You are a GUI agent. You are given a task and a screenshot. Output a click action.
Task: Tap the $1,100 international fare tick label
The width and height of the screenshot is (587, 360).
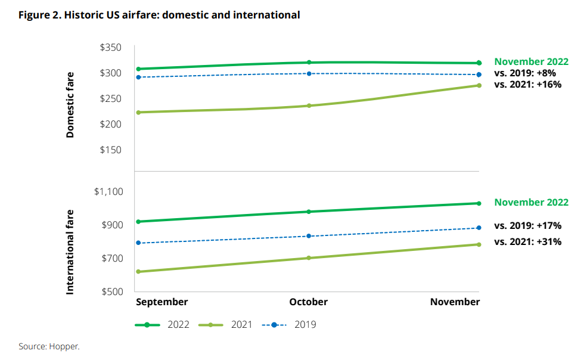pyautogui.click(x=108, y=191)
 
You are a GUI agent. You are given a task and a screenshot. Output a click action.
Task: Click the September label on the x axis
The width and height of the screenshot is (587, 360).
pyautogui.click(x=161, y=302)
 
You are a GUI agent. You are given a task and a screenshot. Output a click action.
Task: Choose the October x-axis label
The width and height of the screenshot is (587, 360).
pyautogui.click(x=309, y=302)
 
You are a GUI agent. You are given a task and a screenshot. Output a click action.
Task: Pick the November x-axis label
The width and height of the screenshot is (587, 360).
pyautogui.click(x=455, y=302)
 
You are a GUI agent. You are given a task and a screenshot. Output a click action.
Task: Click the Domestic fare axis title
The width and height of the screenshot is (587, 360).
pyautogui.click(x=70, y=105)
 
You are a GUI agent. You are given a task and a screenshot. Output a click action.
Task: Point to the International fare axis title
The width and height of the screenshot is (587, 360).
pyautogui.click(x=70, y=252)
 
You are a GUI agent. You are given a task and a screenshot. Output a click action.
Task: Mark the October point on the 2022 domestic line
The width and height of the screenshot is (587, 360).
pyautogui.click(x=309, y=63)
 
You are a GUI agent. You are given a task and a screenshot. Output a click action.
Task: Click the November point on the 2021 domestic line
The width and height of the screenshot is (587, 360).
pyautogui.click(x=479, y=85)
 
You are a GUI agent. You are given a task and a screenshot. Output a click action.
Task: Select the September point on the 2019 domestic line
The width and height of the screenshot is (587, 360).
pyautogui.click(x=139, y=77)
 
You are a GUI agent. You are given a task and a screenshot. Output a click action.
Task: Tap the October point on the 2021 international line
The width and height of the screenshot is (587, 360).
pyautogui.click(x=309, y=258)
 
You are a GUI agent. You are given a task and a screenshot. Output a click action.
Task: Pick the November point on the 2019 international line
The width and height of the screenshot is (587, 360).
pyautogui.click(x=479, y=228)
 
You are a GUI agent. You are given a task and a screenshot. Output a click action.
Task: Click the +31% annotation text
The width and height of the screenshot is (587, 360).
pyautogui.click(x=549, y=242)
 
